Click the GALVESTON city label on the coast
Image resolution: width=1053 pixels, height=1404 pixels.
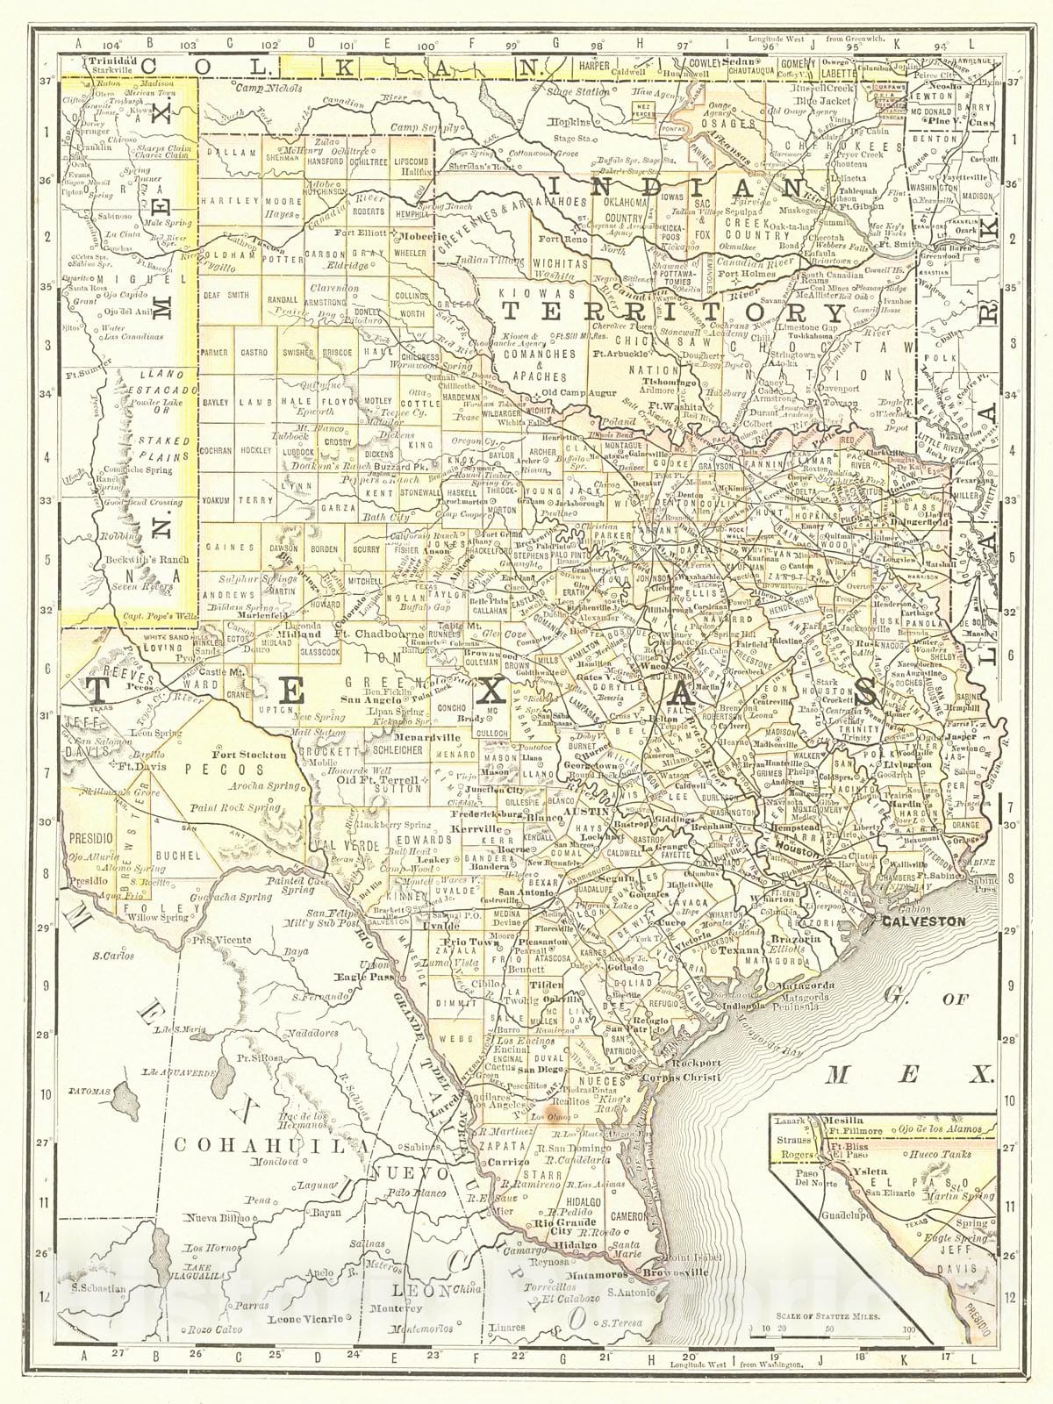[924, 921]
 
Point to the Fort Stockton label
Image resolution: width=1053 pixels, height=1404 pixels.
[249, 754]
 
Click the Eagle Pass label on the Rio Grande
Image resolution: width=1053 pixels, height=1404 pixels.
[354, 975]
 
